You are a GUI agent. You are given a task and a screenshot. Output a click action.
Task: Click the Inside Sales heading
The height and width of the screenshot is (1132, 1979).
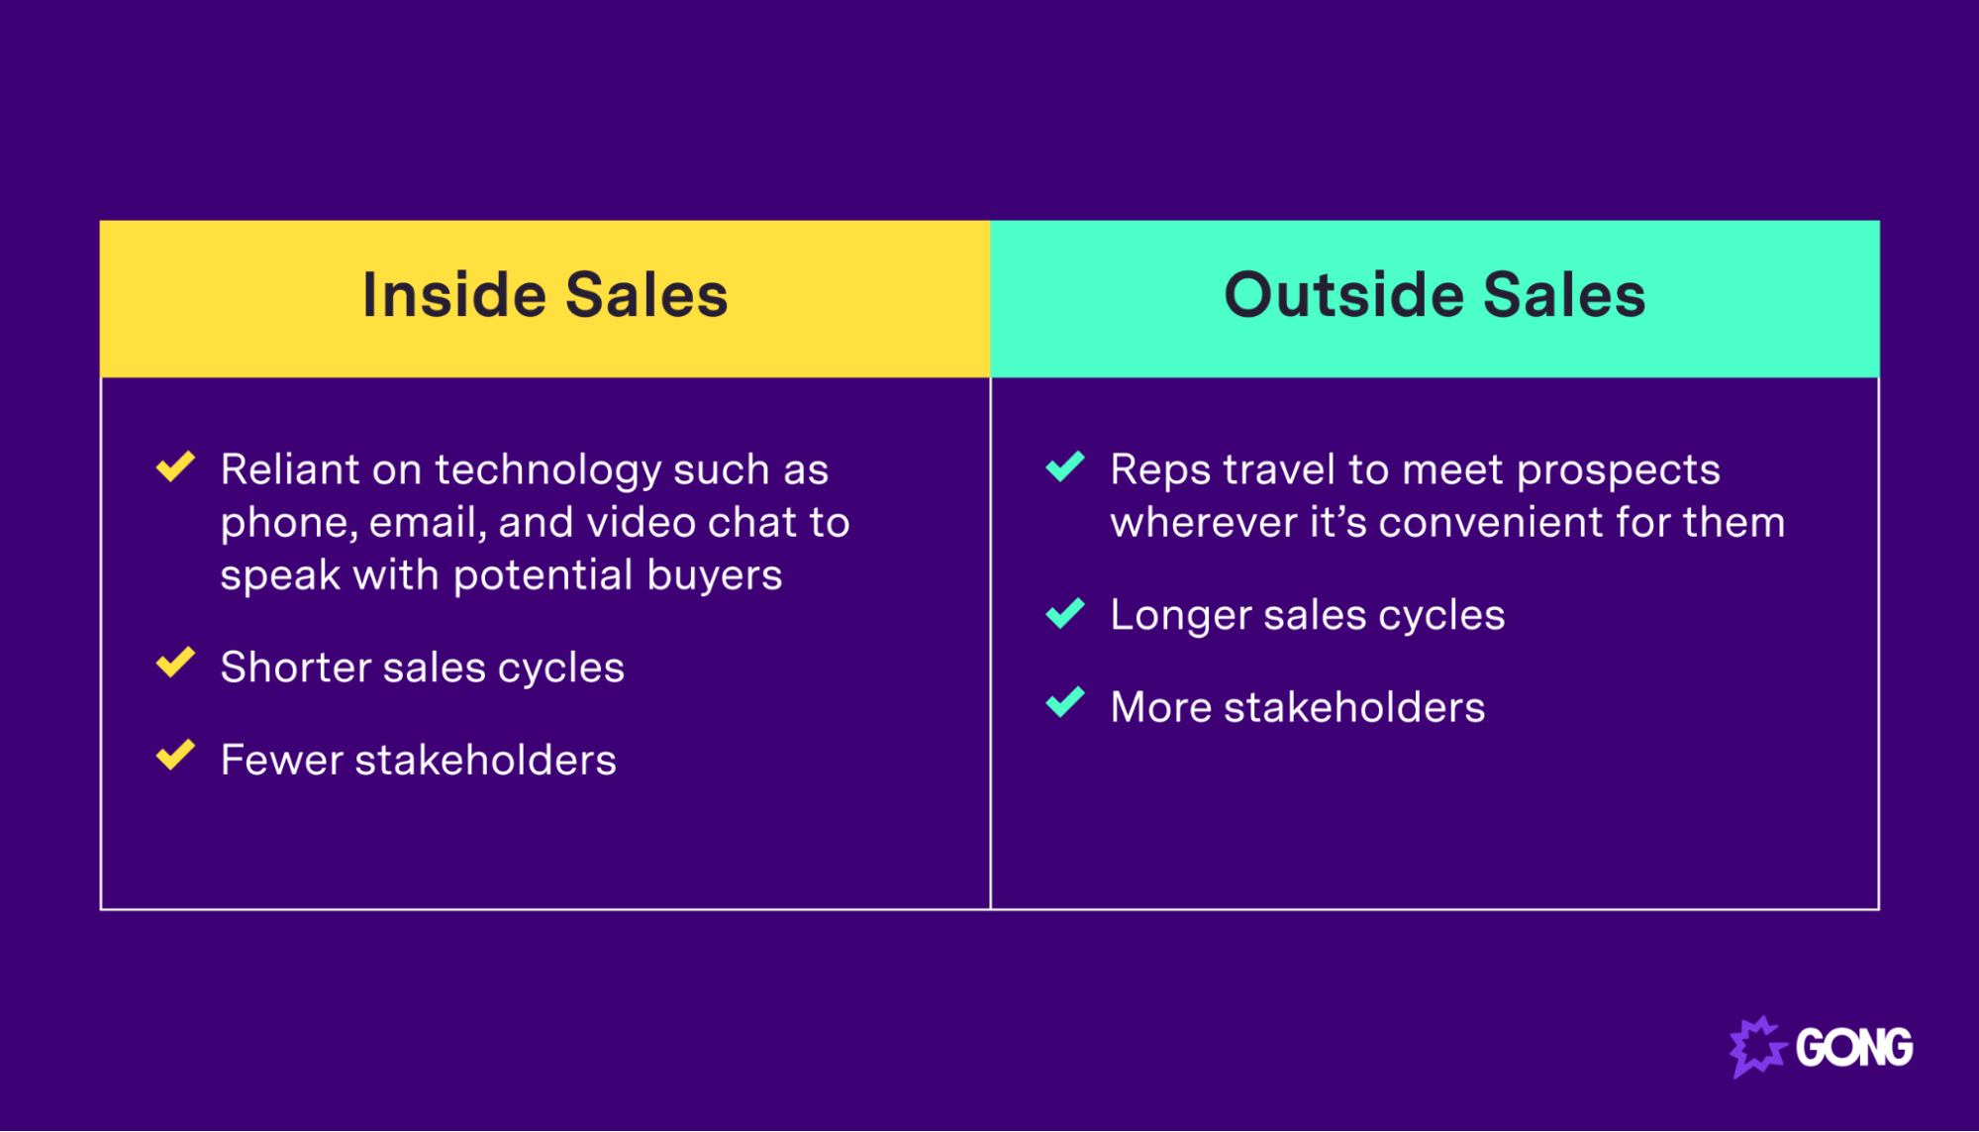tap(544, 295)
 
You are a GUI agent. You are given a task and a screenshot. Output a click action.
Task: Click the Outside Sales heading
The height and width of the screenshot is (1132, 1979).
tap(1435, 295)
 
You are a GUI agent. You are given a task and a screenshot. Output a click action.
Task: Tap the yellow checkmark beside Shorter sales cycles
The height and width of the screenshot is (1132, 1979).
tap(175, 663)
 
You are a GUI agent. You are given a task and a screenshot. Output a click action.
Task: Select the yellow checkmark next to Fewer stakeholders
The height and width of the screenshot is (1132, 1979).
tap(175, 755)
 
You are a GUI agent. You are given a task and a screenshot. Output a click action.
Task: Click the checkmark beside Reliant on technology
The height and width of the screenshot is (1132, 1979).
tap(175, 465)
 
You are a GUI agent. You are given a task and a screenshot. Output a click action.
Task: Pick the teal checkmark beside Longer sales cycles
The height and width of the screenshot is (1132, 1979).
tap(1065, 613)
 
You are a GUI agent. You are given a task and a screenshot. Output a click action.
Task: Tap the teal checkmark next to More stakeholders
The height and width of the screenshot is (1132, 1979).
tap(1065, 703)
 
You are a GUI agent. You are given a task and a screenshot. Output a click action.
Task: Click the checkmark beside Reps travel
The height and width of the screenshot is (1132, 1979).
tap(1065, 465)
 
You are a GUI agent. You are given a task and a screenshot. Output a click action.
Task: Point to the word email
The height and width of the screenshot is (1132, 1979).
tap(427, 523)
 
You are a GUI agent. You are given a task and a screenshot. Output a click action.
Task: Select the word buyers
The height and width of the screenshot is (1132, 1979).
tap(714, 575)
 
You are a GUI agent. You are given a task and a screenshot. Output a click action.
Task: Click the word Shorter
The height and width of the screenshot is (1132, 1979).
tap(295, 668)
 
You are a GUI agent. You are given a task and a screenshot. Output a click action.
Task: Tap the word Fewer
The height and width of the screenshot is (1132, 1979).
tap(281, 761)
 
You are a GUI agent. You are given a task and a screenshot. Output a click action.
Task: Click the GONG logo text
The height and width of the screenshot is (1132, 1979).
tap(1854, 1048)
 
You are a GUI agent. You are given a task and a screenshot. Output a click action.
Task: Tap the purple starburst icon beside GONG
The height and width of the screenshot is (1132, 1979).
tap(1756, 1047)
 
